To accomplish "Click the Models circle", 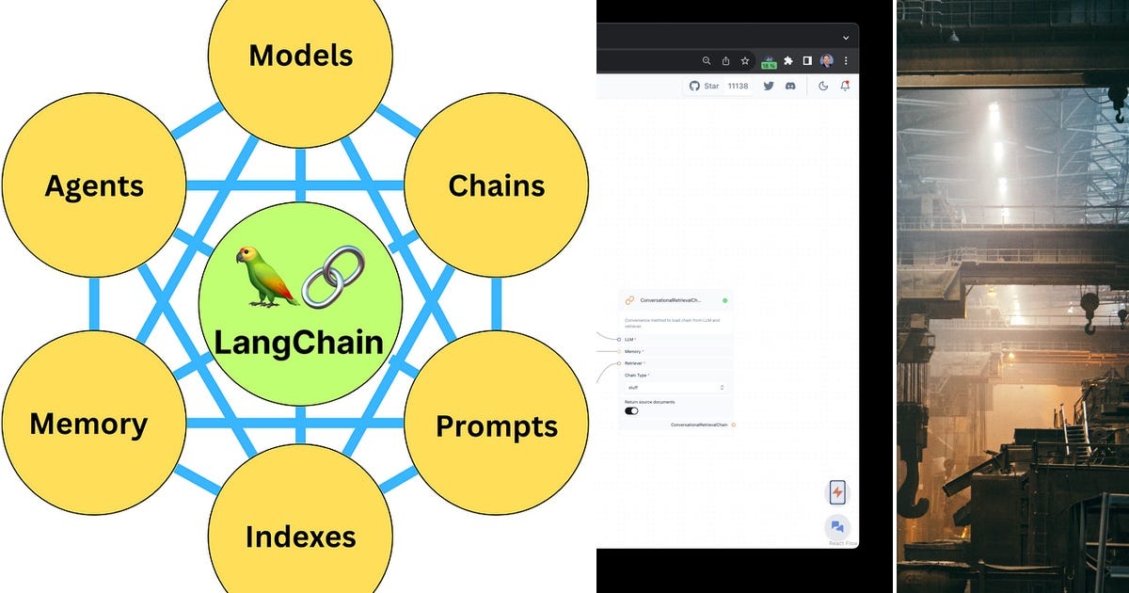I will tap(300, 56).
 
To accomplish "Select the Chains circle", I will tap(496, 185).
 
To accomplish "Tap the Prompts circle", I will tap(496, 426).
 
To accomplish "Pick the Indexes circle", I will tap(300, 537).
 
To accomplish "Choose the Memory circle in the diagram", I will tap(88, 424).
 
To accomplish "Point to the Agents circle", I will tap(94, 185).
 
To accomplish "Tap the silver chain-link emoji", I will tap(332, 277).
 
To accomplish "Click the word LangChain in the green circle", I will tap(299, 341).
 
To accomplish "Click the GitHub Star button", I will tap(705, 86).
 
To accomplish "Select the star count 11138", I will tap(738, 86).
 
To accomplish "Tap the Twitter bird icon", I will tap(769, 86).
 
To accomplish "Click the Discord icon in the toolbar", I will tap(790, 86).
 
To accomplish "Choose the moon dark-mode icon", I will tap(823, 86).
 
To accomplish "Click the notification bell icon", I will tap(845, 86).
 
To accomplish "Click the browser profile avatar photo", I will tap(826, 60).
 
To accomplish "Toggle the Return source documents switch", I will tap(631, 410).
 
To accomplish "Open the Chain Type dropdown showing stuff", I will tap(676, 387).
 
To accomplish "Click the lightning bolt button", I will tap(836, 491).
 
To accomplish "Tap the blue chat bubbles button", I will tap(836, 527).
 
